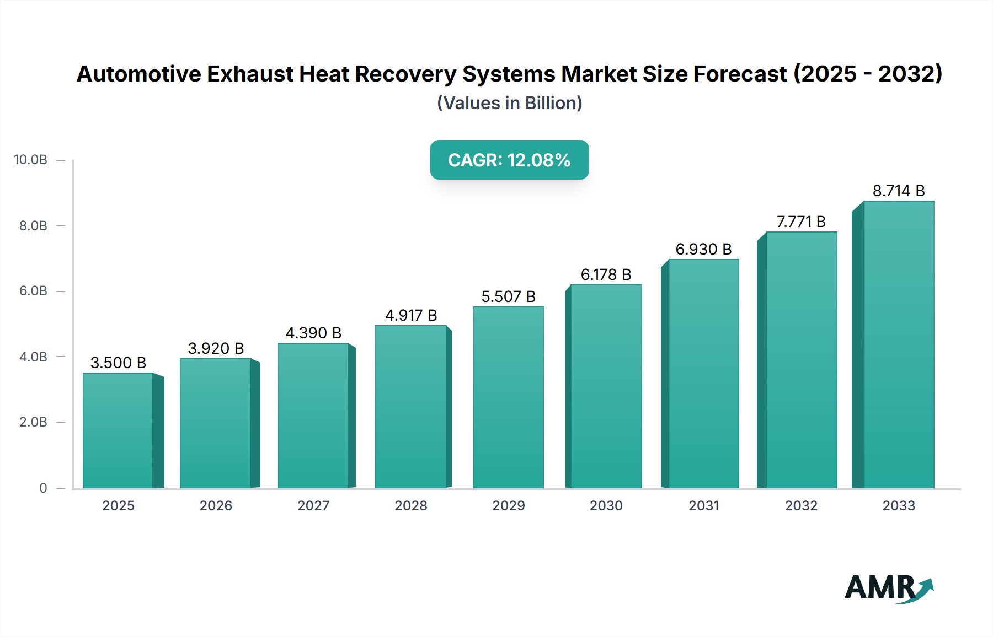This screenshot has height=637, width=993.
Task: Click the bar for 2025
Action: point(118,430)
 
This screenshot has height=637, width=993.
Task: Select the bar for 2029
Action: point(508,397)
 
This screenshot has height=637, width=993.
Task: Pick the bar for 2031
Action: point(703,374)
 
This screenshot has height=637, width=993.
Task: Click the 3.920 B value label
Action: point(216,348)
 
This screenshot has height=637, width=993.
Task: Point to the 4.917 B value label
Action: point(411,315)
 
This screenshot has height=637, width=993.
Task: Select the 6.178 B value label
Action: point(606,274)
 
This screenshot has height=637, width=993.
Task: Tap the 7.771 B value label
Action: point(801,222)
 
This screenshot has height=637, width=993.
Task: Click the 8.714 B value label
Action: point(898,191)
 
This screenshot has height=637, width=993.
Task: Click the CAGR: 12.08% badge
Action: point(509,160)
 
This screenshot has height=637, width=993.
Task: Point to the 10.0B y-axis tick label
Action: point(30,160)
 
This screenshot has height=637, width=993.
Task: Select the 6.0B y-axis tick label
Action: point(33,291)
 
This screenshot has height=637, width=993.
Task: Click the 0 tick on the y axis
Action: point(43,488)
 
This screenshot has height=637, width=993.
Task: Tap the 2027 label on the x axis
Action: point(313,505)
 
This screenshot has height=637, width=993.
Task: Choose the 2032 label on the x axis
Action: point(801,505)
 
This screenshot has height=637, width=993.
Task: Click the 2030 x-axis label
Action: point(606,505)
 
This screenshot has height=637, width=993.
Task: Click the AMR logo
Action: point(888,588)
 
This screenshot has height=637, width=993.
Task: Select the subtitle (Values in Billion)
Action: point(509,103)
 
